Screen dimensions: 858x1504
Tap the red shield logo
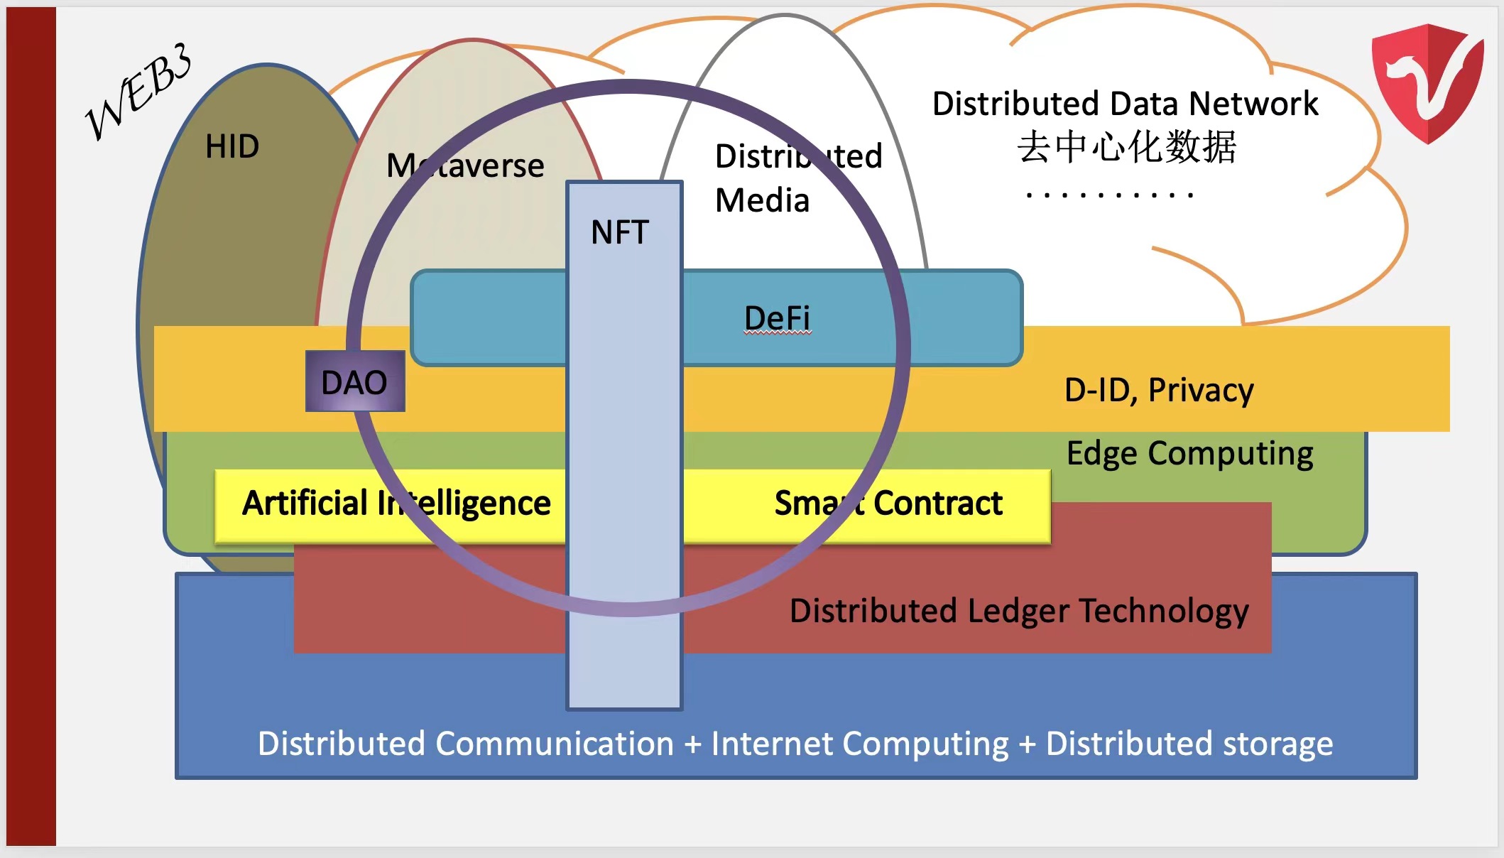[x=1427, y=82]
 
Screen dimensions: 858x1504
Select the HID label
[x=231, y=147]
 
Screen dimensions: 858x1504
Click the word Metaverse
[x=465, y=166]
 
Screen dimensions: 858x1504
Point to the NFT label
[x=620, y=233]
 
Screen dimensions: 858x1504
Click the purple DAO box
[x=355, y=382]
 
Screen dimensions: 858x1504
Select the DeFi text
[x=777, y=318]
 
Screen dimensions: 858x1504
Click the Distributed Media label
[x=797, y=178]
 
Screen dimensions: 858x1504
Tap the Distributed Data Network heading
[x=1125, y=104]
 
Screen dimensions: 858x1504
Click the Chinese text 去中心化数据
[x=1126, y=148]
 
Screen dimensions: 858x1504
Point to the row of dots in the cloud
[x=1109, y=195]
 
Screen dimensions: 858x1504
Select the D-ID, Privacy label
[x=1159, y=390]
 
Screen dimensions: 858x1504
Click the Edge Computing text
[x=1189, y=453]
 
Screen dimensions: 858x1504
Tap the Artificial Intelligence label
[x=396, y=504]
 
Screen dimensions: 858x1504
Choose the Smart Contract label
[x=888, y=504]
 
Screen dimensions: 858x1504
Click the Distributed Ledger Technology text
[x=1019, y=611]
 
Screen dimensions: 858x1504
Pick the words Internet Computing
[x=860, y=744]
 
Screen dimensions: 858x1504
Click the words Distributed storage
[x=1189, y=744]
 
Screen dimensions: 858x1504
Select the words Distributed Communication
[x=466, y=744]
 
